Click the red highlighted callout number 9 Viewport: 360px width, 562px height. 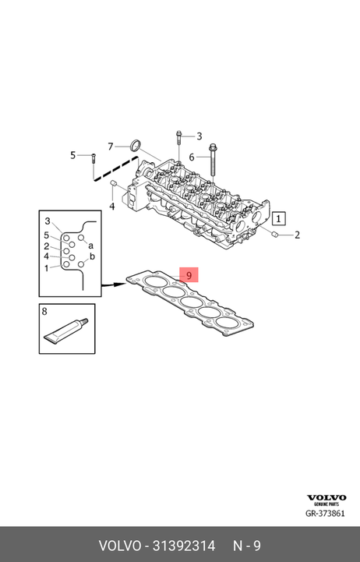pos(189,275)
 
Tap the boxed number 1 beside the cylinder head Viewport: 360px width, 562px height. pos(279,218)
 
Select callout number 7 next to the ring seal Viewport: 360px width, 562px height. pos(111,147)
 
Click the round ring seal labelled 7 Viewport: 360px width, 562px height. pos(135,144)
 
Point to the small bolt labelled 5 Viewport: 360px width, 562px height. pos(94,157)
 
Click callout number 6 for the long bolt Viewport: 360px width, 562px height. pos(192,157)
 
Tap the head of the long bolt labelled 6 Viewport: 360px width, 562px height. pos(213,147)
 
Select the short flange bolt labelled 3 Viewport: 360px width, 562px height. pos(178,139)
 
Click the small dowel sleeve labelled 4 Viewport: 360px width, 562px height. pos(113,183)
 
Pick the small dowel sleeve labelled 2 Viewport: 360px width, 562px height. pos(276,235)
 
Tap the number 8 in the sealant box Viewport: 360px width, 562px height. pos(44,311)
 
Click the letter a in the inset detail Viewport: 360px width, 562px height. pos(91,246)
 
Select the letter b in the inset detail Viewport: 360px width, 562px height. pos(92,256)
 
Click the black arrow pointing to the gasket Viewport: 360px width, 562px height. pos(114,285)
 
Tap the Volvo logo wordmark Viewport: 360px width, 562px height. pos(326,497)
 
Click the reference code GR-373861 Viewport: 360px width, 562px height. pos(325,513)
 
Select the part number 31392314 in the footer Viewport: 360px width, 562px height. pos(184,546)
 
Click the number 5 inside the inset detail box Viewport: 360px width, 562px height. pos(47,235)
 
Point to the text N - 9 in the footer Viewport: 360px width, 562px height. pos(247,546)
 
